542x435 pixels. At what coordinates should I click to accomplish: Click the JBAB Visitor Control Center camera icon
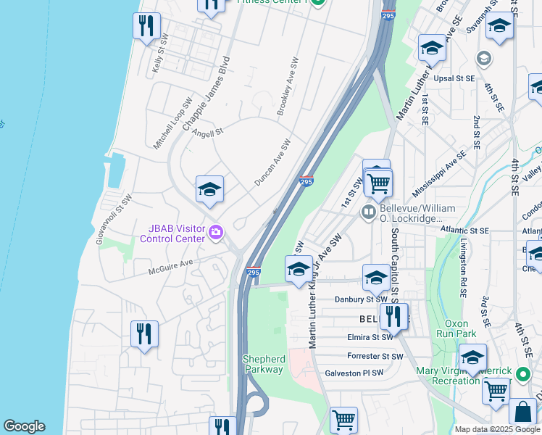pos(216,233)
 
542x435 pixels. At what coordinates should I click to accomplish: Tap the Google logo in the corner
pos(24,426)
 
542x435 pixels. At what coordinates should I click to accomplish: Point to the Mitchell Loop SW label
pos(172,124)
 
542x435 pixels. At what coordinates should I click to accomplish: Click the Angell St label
pos(208,133)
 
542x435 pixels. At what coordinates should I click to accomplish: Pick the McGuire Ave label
pos(172,267)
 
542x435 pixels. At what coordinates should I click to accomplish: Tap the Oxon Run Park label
pos(456,328)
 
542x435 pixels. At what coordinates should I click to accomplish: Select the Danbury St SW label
pos(361,299)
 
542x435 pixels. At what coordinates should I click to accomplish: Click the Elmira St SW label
pos(370,337)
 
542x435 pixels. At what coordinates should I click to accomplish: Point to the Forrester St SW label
pos(375,356)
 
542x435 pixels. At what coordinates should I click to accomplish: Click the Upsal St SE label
pos(454,78)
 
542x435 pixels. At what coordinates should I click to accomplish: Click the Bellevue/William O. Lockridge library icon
pos(369,212)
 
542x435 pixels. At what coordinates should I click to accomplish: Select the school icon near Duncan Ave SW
pos(209,190)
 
